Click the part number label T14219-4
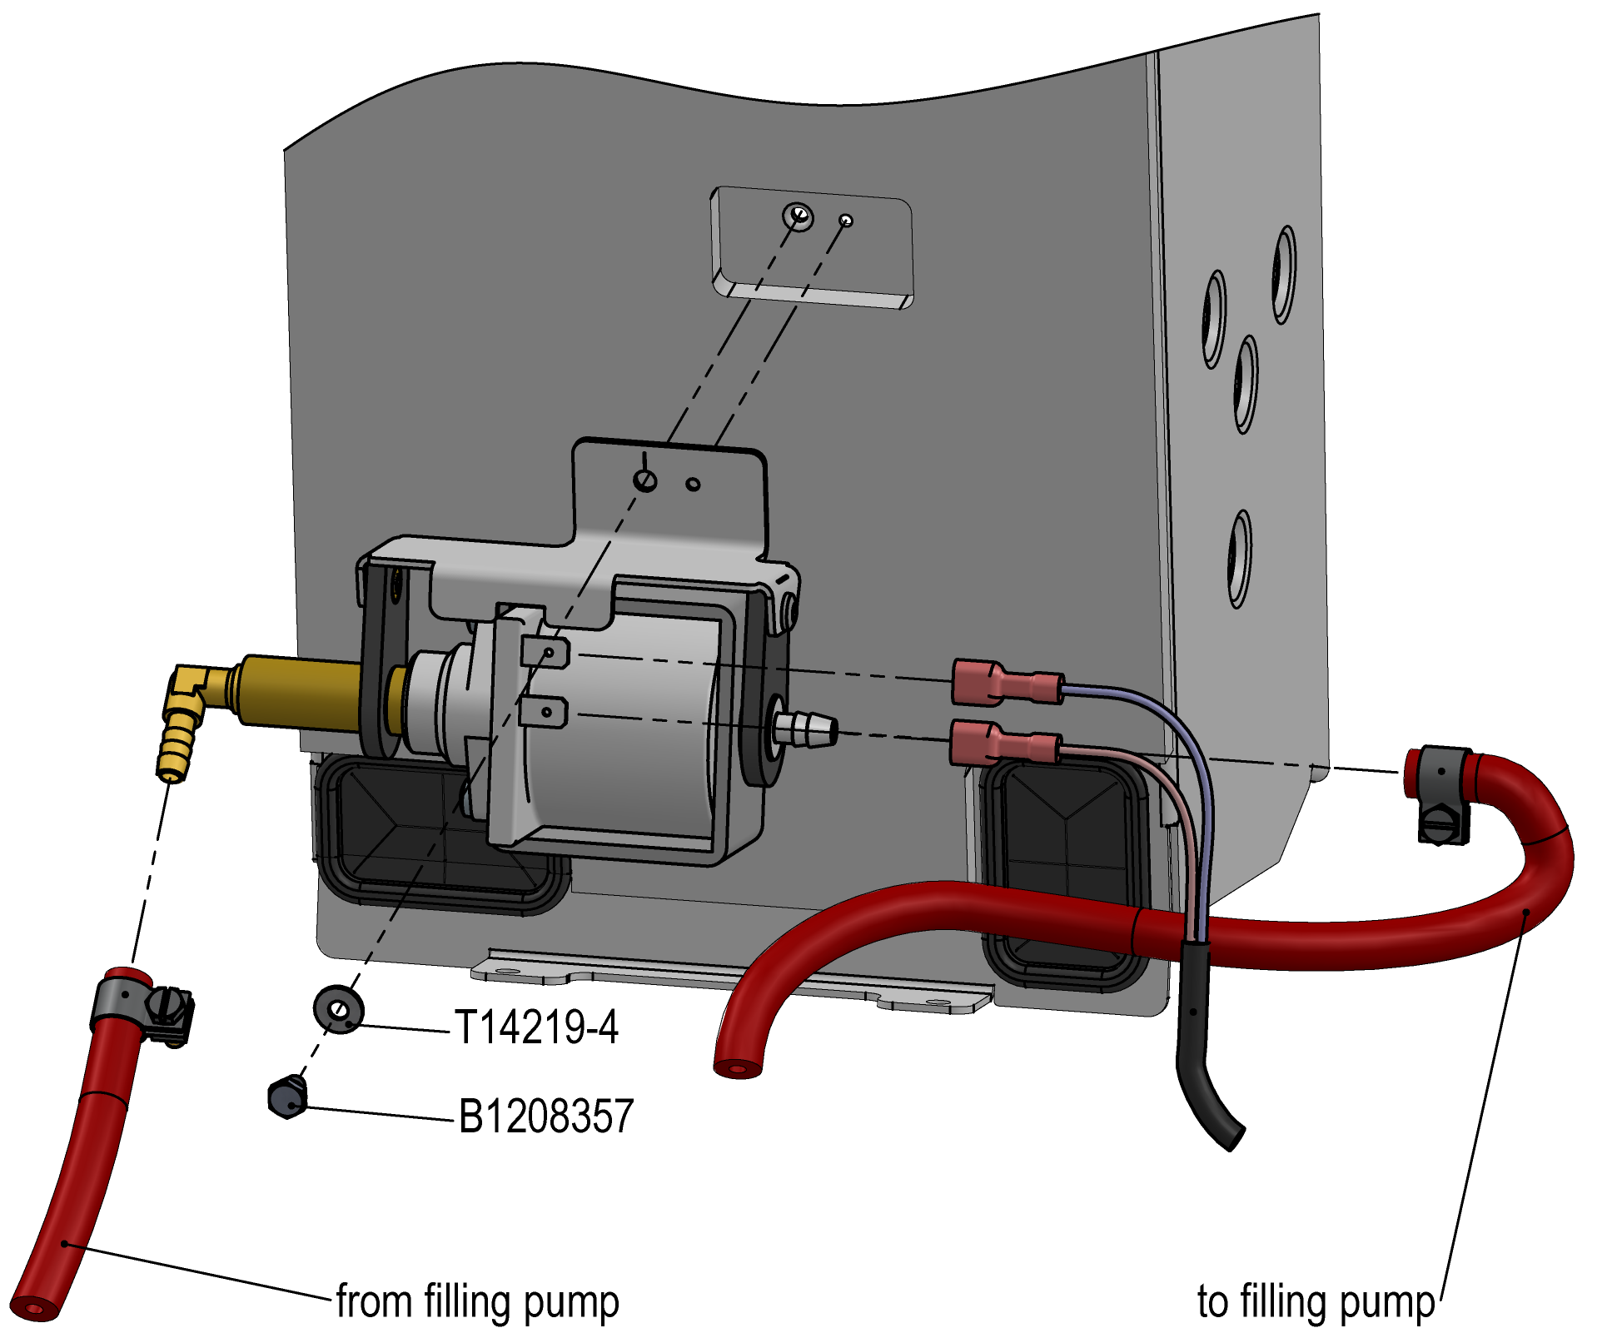(536, 1027)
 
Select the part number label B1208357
(546, 1117)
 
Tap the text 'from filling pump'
(477, 1301)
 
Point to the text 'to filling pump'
(1316, 1301)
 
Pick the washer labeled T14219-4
(338, 1008)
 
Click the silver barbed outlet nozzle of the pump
(805, 729)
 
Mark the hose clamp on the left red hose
(142, 1006)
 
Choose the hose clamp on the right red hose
(1443, 791)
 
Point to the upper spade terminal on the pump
(545, 652)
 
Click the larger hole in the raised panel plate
(798, 216)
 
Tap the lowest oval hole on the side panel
(1240, 559)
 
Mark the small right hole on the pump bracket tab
(693, 484)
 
